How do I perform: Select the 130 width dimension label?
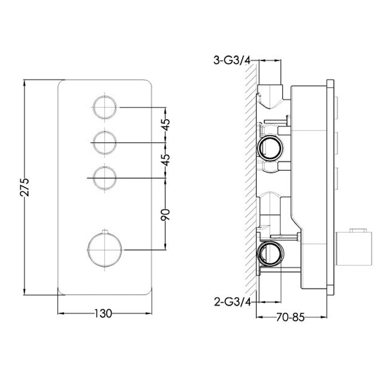pyautogui.click(x=103, y=313)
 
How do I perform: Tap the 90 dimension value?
pyautogui.click(x=165, y=214)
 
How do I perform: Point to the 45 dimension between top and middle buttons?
pyautogui.click(x=165, y=126)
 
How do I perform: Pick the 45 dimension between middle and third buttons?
pyautogui.click(x=165, y=160)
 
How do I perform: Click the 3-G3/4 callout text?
pyautogui.click(x=232, y=60)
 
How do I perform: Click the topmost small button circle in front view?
pyautogui.click(x=105, y=106)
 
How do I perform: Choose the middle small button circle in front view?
pyautogui.click(x=105, y=143)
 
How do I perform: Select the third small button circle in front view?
pyautogui.click(x=105, y=178)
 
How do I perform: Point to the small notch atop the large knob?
pyautogui.click(x=104, y=232)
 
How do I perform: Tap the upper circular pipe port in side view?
pyautogui.click(x=269, y=147)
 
